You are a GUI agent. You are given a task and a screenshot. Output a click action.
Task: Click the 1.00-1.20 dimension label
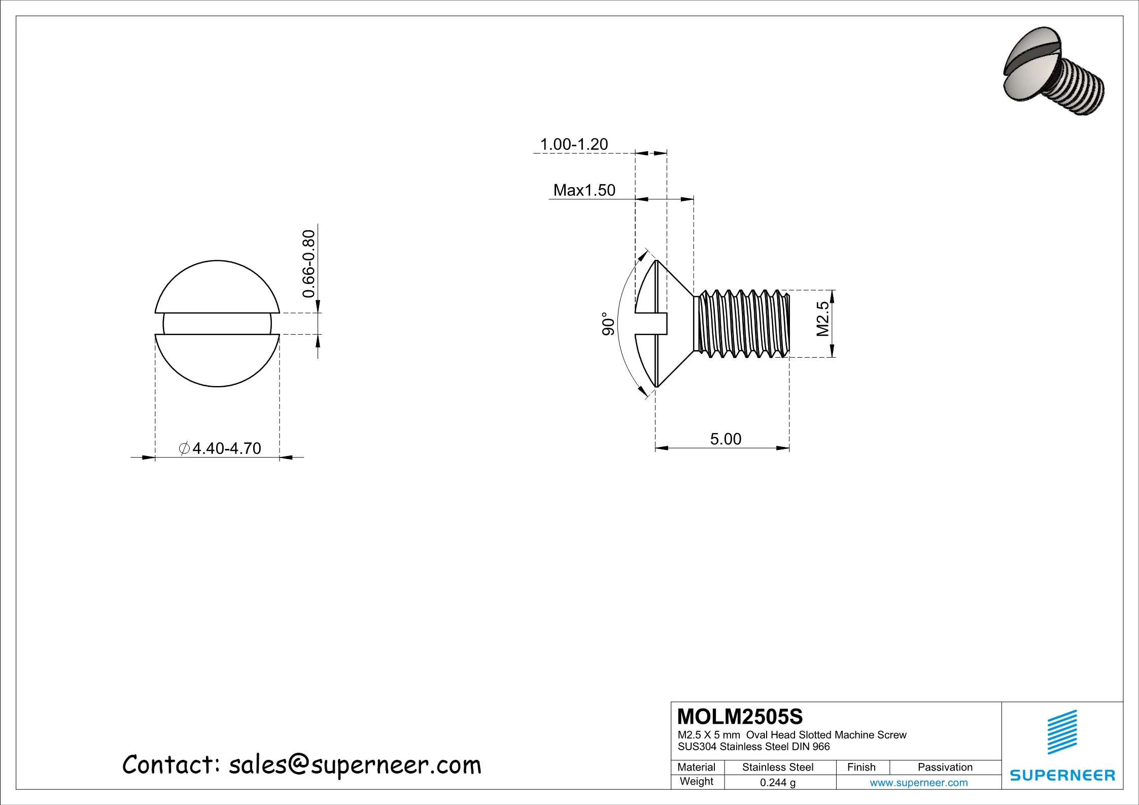(x=574, y=145)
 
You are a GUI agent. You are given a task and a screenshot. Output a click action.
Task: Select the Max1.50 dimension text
(x=584, y=190)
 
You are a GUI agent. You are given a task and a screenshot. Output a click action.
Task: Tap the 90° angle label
(x=608, y=324)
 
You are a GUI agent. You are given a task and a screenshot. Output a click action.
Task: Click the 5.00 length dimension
(x=726, y=439)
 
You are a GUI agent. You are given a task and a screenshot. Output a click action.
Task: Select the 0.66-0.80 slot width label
(x=308, y=264)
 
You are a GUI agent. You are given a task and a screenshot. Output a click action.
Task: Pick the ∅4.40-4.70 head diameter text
(x=220, y=448)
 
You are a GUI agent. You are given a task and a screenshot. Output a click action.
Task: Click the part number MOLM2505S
(x=740, y=717)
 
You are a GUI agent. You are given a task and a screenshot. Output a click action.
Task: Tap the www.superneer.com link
(x=919, y=783)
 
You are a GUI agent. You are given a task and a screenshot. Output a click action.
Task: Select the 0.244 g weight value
(x=778, y=783)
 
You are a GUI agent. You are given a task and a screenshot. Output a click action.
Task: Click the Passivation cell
(x=945, y=767)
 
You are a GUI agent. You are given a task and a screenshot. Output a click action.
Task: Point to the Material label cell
(x=697, y=767)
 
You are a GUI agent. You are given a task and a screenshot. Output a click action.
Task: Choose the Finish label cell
(x=861, y=767)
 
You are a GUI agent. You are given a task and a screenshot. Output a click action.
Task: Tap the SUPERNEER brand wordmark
(x=1062, y=776)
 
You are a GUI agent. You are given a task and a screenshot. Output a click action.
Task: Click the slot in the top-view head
(x=217, y=324)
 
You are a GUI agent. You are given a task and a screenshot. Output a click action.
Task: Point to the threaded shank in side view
(x=742, y=324)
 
